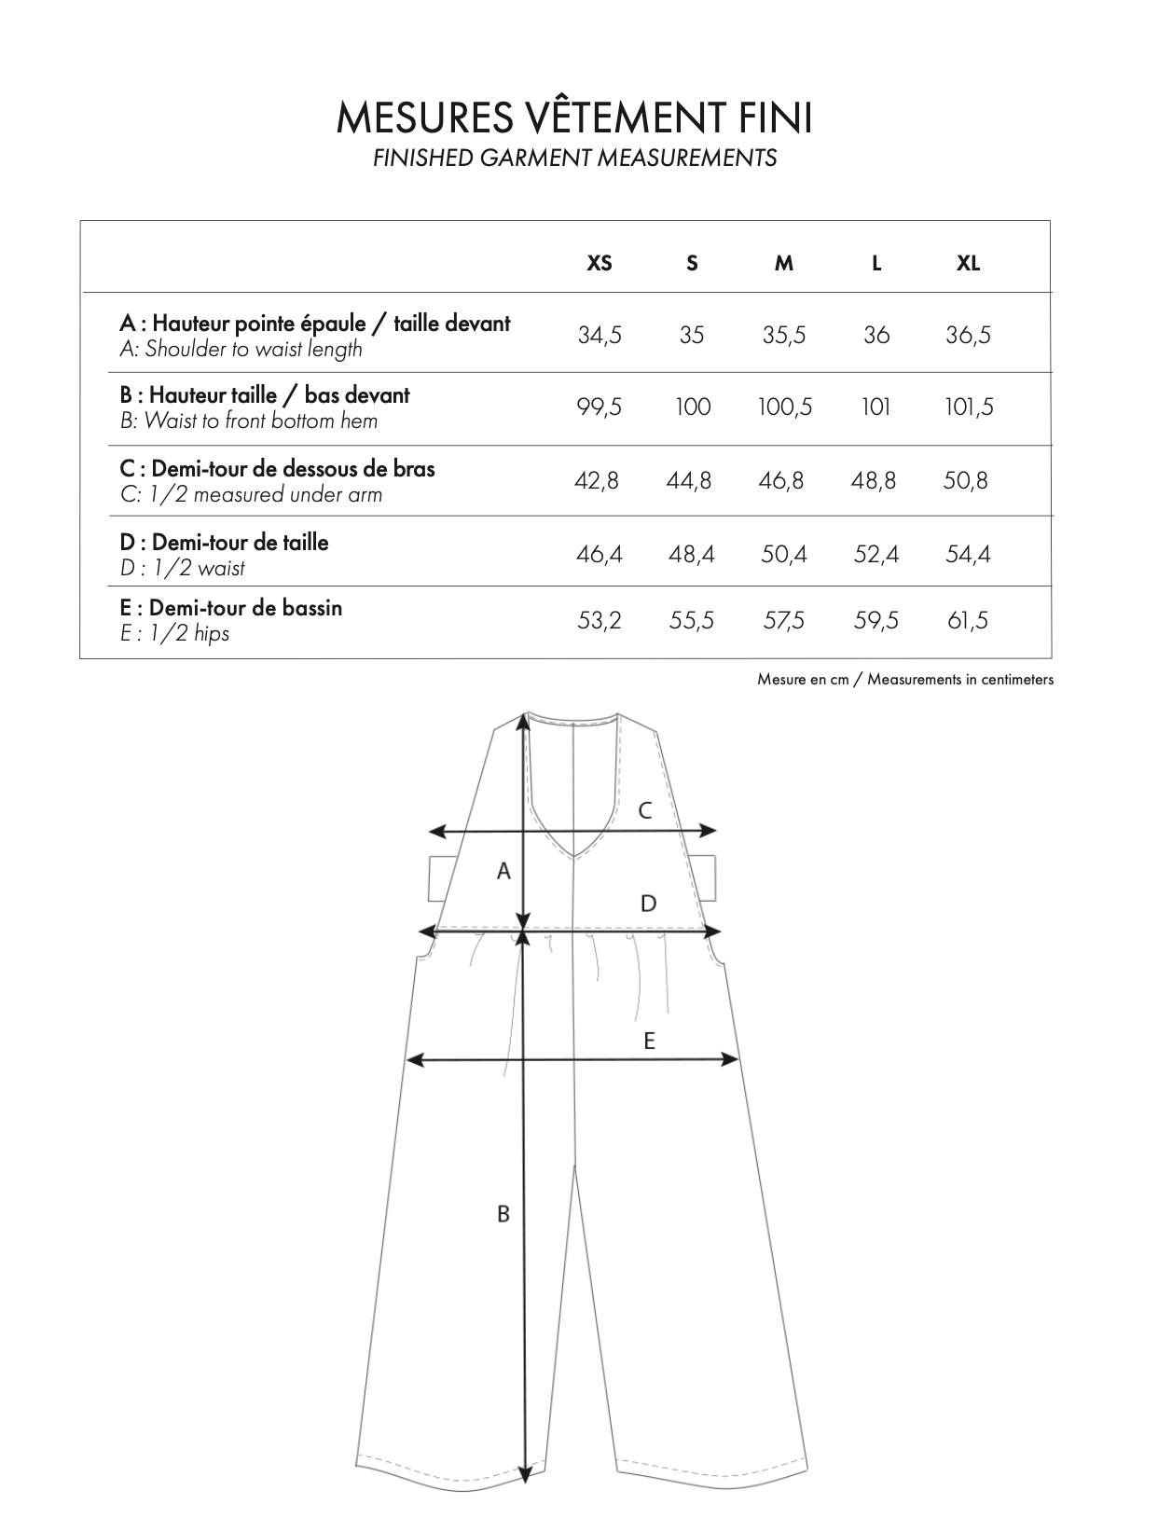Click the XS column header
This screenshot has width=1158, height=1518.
600,263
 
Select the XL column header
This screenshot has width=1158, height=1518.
968,263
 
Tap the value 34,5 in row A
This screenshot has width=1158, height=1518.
600,335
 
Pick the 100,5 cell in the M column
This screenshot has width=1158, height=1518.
784,407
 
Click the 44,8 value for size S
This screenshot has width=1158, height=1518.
689,480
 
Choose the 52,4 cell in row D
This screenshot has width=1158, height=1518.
875,554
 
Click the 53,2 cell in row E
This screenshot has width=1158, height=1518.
600,620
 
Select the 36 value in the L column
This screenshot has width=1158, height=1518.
875,335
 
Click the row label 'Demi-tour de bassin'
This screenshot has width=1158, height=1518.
244,608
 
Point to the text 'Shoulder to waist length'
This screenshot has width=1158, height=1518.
253,350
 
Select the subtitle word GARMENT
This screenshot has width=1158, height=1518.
535,158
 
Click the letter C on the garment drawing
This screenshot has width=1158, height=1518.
644,811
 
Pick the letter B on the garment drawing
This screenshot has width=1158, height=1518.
503,1214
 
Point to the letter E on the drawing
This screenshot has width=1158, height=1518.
649,1041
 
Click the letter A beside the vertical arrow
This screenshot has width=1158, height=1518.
503,871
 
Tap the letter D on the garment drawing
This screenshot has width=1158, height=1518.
648,903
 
